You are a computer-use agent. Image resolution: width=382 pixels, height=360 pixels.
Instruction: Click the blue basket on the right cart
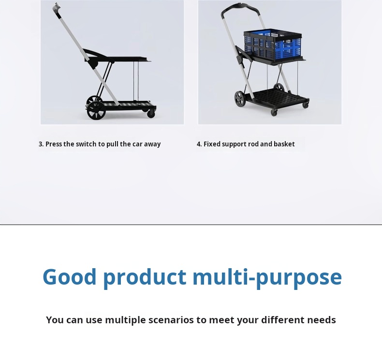click(x=272, y=46)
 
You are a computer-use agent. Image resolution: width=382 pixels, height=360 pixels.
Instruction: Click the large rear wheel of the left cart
click(x=97, y=110)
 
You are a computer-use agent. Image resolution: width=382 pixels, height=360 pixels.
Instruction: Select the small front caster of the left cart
click(x=151, y=114)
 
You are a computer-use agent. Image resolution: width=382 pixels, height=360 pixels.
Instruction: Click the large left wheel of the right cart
click(x=240, y=99)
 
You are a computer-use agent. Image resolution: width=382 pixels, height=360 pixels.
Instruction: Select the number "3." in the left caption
click(x=41, y=144)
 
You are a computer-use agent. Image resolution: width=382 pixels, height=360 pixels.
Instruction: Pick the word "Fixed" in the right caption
click(x=212, y=144)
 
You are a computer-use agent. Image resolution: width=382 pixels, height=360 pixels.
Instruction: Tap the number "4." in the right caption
click(x=199, y=144)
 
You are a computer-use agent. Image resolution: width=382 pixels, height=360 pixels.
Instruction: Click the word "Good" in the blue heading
click(x=70, y=277)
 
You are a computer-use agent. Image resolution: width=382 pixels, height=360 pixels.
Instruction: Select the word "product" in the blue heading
click(x=145, y=277)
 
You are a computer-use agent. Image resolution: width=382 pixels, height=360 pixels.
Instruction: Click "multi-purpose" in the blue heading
click(x=267, y=277)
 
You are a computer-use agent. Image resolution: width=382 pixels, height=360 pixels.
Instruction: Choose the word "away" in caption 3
click(x=152, y=144)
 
